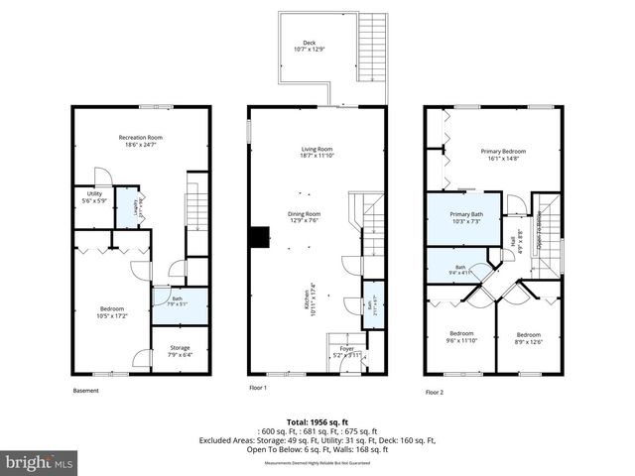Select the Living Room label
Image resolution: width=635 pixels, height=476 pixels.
point(317,152)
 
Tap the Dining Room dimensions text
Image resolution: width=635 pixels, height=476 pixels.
point(305,221)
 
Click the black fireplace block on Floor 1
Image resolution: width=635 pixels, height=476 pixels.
point(260,236)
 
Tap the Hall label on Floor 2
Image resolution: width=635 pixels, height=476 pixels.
point(513,239)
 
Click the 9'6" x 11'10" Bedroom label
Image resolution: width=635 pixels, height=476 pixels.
point(461,336)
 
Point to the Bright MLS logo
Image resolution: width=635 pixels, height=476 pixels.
point(40,461)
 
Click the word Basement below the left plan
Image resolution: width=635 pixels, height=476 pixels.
point(86,390)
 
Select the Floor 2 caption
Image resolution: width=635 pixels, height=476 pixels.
point(435,392)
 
